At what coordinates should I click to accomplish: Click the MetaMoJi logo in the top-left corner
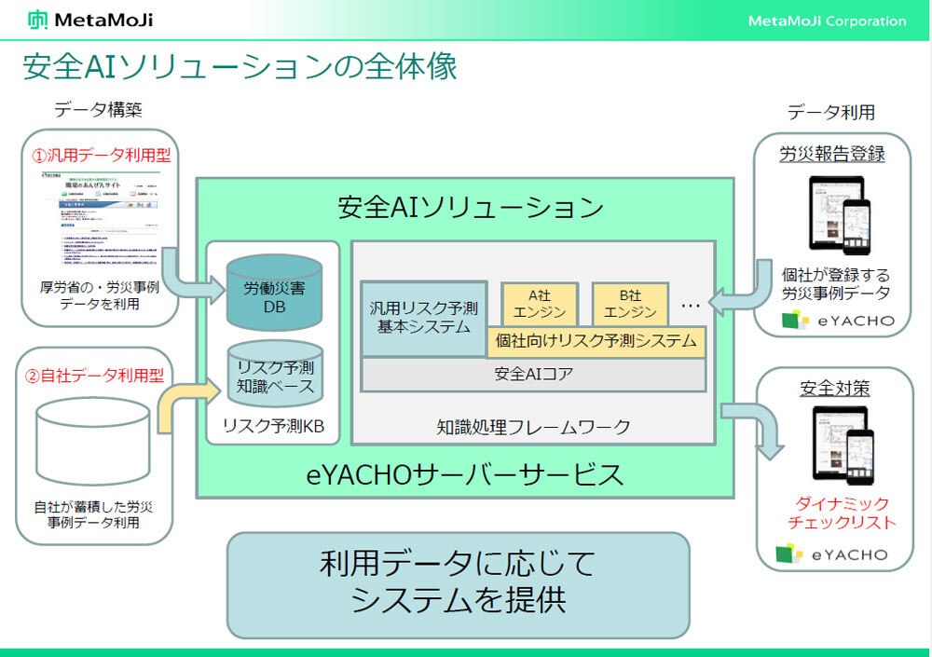[90, 20]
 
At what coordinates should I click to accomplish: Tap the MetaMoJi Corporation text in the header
[826, 21]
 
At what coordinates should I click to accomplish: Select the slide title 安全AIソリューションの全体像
[240, 67]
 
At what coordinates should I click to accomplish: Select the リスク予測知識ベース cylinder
[274, 376]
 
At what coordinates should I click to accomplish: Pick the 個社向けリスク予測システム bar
[596, 341]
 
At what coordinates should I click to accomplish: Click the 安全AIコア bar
[532, 375]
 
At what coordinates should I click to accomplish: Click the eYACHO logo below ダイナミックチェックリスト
[832, 555]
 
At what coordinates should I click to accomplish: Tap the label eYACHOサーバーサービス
[465, 474]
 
